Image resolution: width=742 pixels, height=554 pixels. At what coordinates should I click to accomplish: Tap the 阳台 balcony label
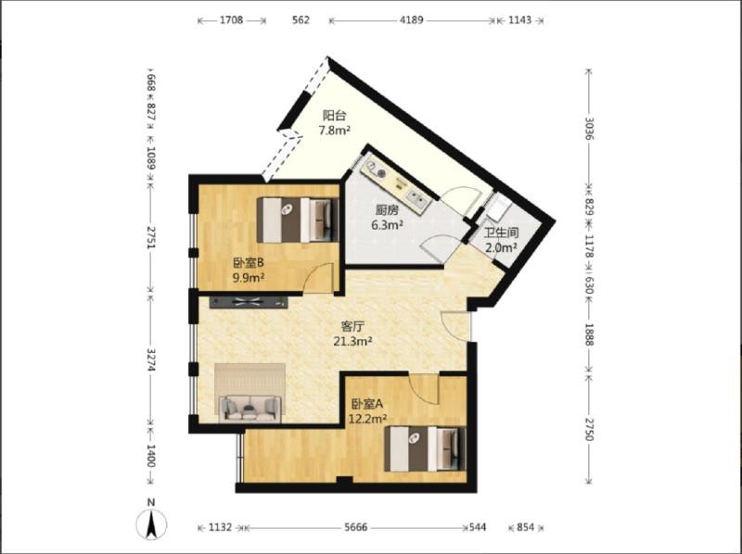(x=335, y=115)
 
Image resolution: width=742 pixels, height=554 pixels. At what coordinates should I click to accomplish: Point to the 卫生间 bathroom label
(x=501, y=233)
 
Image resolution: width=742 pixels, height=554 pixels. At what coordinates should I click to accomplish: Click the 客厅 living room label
(x=352, y=327)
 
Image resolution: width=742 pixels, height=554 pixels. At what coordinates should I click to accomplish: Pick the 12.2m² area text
(x=367, y=419)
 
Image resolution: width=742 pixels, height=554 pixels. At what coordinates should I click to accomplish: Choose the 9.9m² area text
(x=249, y=278)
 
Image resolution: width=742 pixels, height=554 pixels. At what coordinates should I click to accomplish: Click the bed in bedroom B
(x=298, y=220)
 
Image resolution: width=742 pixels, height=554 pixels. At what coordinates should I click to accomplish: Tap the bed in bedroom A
(x=425, y=449)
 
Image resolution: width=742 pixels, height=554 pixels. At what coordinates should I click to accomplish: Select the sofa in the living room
(x=249, y=409)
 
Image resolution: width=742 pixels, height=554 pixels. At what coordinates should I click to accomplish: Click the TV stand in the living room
(x=249, y=302)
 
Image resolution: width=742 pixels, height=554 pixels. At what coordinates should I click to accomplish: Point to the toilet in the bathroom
(x=497, y=209)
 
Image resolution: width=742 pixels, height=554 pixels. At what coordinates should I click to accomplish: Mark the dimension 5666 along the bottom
(x=355, y=527)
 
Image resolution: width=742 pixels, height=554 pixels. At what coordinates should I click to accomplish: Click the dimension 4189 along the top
(x=412, y=20)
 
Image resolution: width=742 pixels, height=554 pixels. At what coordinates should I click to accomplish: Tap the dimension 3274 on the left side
(x=150, y=360)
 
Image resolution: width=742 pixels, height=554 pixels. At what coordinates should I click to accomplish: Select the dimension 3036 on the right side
(x=589, y=128)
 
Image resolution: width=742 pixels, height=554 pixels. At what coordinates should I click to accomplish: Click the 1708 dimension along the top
(x=232, y=20)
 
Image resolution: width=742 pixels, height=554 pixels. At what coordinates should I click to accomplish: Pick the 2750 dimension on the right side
(x=589, y=429)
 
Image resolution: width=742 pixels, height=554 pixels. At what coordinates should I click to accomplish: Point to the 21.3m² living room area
(x=352, y=341)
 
